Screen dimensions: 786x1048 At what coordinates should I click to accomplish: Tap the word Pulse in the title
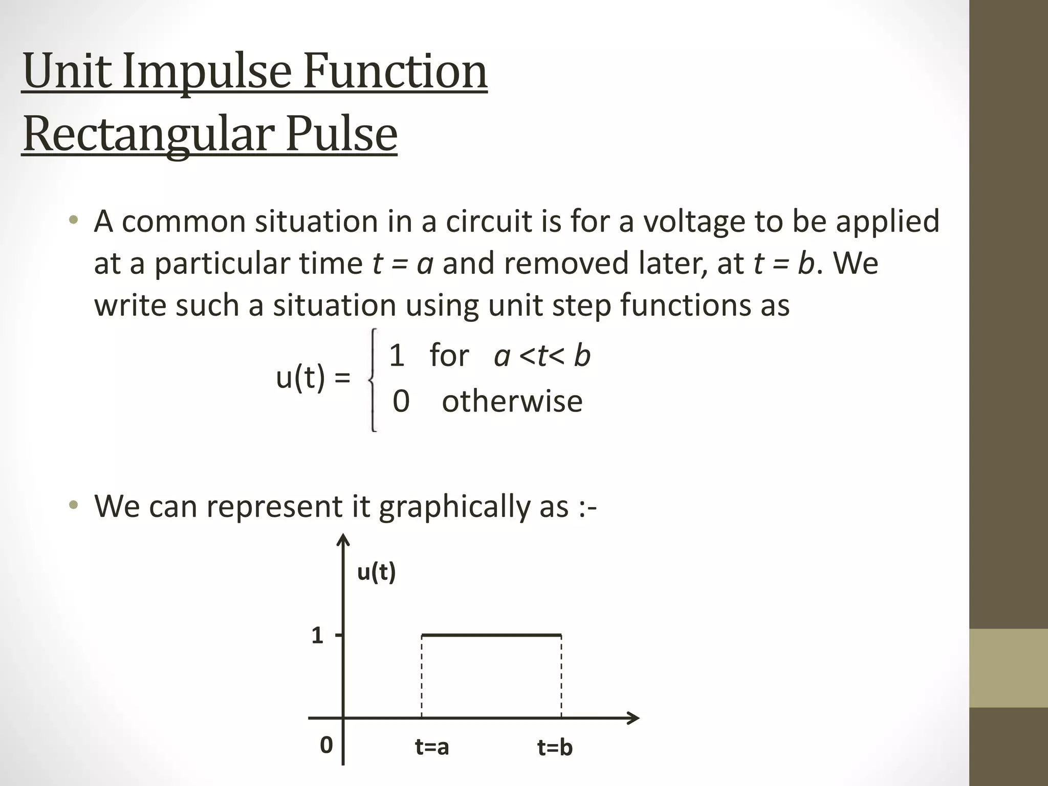[341, 134]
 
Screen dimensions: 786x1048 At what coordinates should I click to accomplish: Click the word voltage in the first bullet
[694, 222]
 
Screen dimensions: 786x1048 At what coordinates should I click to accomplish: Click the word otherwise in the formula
[512, 401]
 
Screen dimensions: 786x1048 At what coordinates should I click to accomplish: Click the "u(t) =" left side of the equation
[313, 379]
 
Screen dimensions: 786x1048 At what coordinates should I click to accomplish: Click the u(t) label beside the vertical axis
[377, 572]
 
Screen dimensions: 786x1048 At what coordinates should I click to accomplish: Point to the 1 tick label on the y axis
[317, 636]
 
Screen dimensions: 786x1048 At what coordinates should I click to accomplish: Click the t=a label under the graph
[432, 747]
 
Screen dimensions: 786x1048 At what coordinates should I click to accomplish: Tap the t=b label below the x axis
[555, 748]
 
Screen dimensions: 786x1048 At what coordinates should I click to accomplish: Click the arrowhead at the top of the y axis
[343, 540]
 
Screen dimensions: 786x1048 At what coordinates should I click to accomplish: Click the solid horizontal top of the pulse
[491, 636]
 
